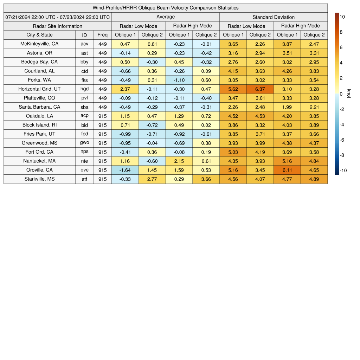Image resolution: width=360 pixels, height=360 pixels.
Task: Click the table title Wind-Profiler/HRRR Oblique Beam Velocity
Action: tap(166, 8)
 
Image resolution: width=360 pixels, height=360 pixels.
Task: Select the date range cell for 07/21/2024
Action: tap(58, 17)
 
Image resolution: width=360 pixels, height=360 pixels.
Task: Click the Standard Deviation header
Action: tap(274, 17)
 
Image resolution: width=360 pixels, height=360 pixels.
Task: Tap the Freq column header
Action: tap(103, 35)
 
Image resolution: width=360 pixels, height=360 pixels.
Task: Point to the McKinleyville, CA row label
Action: tap(40, 44)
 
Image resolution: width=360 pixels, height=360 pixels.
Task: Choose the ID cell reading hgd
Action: tap(84, 89)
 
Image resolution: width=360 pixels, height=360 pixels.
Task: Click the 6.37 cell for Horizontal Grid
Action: tap(260, 89)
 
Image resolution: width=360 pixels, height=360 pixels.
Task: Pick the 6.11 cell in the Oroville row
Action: tap(287, 170)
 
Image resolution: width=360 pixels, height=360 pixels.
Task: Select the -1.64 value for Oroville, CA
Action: tap(125, 170)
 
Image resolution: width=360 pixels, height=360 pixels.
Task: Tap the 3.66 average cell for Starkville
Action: tap(206, 179)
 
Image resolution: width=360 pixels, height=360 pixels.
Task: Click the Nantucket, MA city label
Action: tap(40, 161)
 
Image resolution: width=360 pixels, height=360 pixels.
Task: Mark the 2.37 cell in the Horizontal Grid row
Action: tap(125, 89)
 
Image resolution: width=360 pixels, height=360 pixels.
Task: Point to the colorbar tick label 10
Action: tap(342, 17)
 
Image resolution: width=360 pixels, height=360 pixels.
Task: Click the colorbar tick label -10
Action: tap(343, 171)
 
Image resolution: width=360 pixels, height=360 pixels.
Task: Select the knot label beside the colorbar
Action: tap(349, 94)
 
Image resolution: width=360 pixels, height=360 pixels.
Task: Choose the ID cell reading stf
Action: tap(84, 179)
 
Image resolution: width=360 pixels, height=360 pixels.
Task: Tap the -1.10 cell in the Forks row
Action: tap(179, 80)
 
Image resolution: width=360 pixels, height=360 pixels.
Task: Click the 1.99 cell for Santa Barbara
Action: tap(287, 107)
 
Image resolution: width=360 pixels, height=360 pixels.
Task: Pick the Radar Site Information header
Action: tap(58, 26)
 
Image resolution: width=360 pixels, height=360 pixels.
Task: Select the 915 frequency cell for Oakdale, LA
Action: tap(103, 116)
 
